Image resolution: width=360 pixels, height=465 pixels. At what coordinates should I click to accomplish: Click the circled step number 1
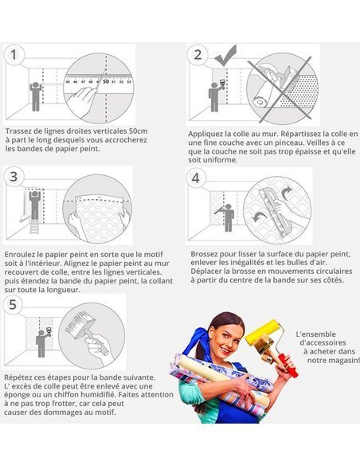coord(14,55)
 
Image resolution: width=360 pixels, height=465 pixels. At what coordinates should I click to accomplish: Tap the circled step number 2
coord(198,55)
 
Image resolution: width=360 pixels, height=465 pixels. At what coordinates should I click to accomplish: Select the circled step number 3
coord(14,177)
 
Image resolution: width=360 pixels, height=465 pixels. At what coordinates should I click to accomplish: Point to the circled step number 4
coord(196,178)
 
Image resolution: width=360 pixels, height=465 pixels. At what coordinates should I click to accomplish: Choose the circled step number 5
coord(13,305)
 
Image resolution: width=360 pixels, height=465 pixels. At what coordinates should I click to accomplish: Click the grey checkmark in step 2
coord(226,56)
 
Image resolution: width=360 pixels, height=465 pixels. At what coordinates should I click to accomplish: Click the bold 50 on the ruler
coord(106,81)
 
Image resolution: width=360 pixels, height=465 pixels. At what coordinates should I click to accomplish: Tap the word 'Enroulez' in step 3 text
coord(18,255)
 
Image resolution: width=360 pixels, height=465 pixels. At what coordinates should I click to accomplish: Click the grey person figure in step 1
coord(35,96)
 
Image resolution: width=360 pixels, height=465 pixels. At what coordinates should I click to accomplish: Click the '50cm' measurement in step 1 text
coord(139,131)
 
